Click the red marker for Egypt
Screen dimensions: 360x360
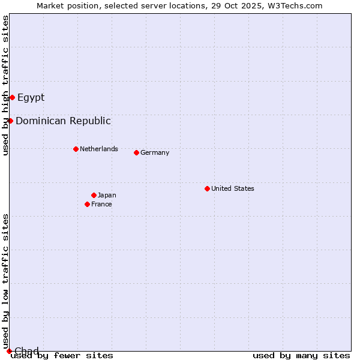tap(12, 97)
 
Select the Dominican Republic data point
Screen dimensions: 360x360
tap(10, 121)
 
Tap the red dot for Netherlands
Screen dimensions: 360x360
tap(76, 149)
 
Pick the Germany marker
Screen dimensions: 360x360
tap(136, 152)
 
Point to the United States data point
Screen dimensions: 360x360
tap(207, 188)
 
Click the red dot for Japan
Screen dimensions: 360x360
tap(94, 195)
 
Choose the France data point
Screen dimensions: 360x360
tap(87, 204)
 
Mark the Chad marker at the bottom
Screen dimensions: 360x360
tap(9, 351)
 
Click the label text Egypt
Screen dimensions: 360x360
tap(31, 97)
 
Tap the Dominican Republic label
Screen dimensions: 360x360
tap(63, 121)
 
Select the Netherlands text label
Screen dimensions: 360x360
tap(99, 149)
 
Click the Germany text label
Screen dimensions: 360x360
tap(155, 152)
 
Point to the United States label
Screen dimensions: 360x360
tap(233, 188)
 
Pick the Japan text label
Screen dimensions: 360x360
tap(107, 195)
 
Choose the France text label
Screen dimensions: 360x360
tap(101, 204)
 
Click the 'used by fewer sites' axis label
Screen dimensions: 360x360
tap(62, 355)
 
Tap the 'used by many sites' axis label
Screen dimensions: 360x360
tap(301, 355)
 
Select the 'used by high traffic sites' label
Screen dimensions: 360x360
tap(5, 85)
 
